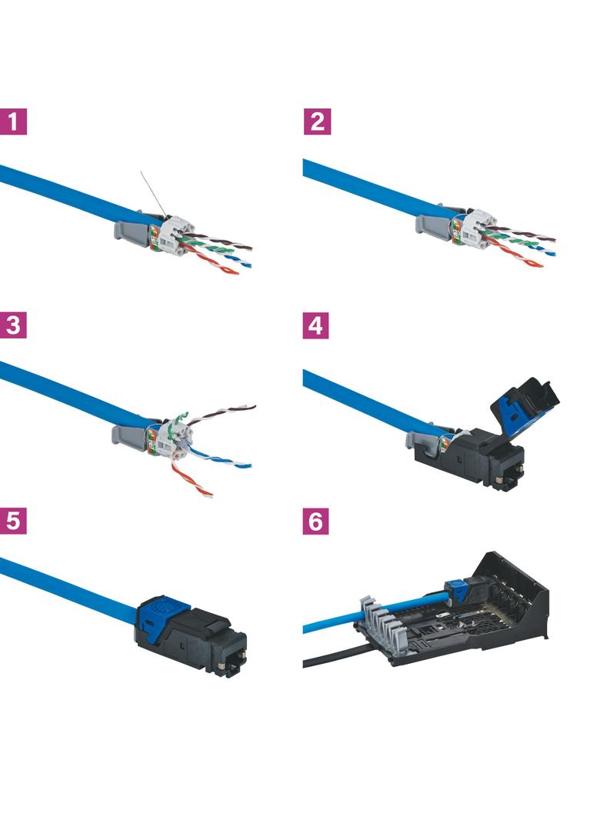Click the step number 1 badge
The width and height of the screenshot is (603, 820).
pos(14,122)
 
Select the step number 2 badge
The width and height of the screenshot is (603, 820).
pos(317,122)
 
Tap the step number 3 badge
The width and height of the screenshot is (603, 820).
pos(14,325)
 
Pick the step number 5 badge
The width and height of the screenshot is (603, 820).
pos(14,522)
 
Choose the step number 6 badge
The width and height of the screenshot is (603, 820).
pos(315,522)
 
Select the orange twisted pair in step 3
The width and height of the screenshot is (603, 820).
pos(191,477)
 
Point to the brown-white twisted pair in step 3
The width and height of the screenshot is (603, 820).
pos(223,413)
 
